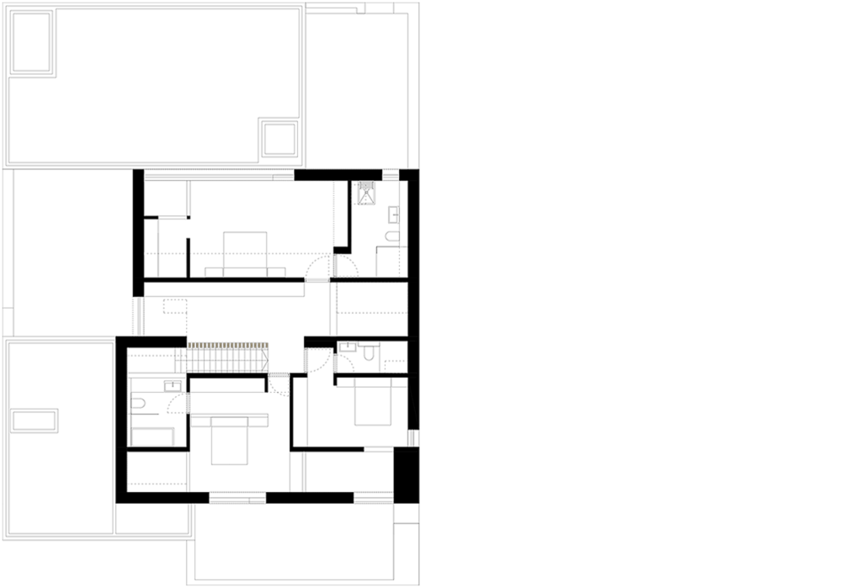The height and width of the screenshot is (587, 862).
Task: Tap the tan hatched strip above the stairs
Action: pos(228,346)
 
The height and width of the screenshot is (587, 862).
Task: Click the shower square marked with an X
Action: pos(366,194)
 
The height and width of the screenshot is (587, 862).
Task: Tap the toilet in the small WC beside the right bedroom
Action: pos(369,352)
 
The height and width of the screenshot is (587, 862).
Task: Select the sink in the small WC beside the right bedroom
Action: pos(347,346)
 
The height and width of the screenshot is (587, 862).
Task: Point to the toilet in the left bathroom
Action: pos(138,404)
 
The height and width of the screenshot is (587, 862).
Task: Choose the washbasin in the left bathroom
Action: pos(173,385)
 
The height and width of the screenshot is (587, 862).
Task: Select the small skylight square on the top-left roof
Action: pos(279,137)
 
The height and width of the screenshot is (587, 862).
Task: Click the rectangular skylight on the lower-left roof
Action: pos(35,420)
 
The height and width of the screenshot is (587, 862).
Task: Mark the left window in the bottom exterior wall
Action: pos(237,498)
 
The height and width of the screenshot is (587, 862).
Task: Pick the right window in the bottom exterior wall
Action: pos(374,498)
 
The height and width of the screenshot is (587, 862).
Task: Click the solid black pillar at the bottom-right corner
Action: pos(406,474)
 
